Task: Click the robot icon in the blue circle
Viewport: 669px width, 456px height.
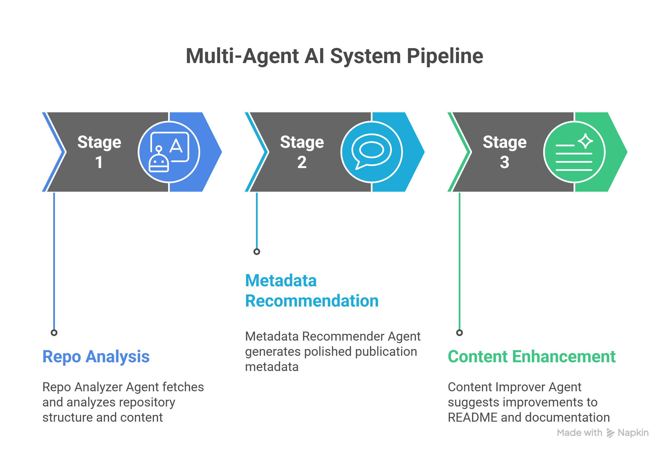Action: (169, 152)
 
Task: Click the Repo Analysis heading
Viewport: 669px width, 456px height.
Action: (96, 356)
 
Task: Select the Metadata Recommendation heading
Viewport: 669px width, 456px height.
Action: (311, 290)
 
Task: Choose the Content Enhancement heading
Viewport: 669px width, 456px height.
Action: (531, 356)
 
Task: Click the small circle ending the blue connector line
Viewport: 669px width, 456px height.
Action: (54, 333)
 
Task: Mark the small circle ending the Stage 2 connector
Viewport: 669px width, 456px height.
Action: (257, 252)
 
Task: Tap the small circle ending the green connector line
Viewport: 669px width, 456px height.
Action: (460, 333)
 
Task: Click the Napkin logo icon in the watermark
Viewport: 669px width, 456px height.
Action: (610, 433)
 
